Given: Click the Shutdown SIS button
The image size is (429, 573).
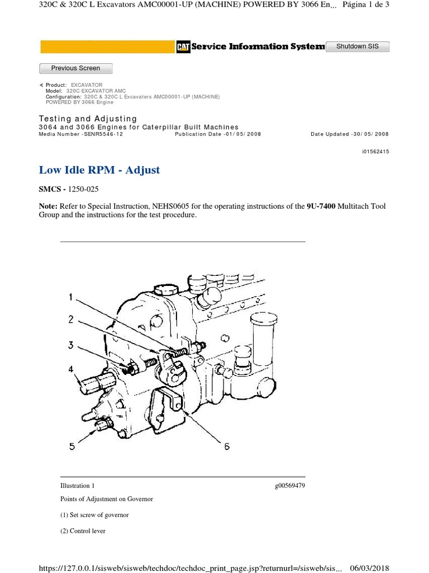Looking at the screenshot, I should pos(357,46).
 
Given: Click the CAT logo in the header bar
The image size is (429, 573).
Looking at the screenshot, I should pos(183,48).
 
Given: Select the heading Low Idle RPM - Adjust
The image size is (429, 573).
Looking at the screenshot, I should pos(99,170).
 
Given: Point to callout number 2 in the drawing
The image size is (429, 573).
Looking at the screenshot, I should pos(70,320).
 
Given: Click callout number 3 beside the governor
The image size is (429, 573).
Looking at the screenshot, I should pos(70,345).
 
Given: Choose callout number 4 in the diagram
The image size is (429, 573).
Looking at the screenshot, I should pos(70,369).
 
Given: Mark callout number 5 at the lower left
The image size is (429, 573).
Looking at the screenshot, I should pos(71,445).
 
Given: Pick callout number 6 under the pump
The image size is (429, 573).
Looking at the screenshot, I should pos(227,446).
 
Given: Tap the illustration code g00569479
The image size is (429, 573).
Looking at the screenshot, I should pos(290,486).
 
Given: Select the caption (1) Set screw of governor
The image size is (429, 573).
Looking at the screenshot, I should pos(94,515).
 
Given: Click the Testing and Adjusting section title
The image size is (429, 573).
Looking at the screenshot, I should pos(88,119).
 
